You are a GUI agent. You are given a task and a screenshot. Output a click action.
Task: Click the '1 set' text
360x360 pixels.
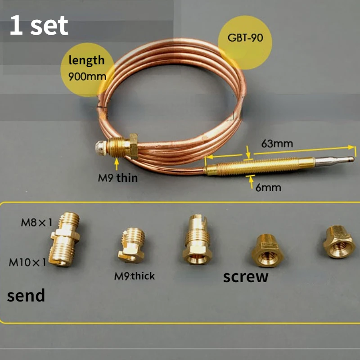pyautogui.click(x=39, y=26)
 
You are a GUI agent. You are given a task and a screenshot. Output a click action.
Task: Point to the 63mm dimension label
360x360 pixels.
pyautogui.click(x=277, y=144)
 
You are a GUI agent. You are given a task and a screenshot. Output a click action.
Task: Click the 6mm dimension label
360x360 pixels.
pyautogui.click(x=268, y=187)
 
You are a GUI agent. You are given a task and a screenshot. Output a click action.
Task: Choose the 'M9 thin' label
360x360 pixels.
pyautogui.click(x=118, y=178)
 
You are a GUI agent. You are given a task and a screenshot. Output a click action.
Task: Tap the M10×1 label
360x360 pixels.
pyautogui.click(x=27, y=262)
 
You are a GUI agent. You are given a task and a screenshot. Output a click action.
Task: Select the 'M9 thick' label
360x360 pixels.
pyautogui.click(x=134, y=276)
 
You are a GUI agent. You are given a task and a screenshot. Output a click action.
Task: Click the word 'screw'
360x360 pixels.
pyautogui.click(x=245, y=276)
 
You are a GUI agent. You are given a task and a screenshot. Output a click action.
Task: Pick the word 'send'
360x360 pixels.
pyautogui.click(x=26, y=295)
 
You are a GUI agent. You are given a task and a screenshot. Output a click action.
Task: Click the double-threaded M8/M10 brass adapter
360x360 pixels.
pyautogui.click(x=64, y=240)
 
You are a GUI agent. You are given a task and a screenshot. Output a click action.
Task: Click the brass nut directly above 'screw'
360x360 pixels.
pyautogui.click(x=266, y=250)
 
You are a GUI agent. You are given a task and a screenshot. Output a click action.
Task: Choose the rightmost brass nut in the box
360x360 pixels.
pyautogui.click(x=340, y=243)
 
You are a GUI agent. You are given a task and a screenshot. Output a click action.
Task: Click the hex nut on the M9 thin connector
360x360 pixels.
pyautogui.click(x=133, y=145)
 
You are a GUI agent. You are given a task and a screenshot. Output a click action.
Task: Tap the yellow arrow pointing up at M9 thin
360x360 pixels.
pyautogui.click(x=117, y=162)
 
